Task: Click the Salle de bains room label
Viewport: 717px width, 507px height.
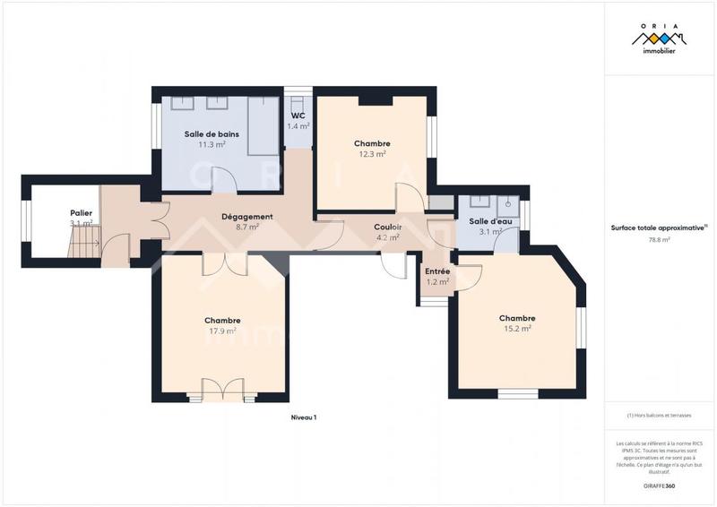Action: (212, 134)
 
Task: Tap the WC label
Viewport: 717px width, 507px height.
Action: (298, 116)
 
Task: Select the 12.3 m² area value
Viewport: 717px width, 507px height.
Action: (372, 154)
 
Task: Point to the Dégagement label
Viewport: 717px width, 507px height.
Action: (246, 217)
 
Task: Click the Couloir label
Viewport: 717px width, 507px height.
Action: (387, 228)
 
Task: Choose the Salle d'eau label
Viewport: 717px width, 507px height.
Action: (490, 221)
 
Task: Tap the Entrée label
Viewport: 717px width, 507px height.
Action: (437, 271)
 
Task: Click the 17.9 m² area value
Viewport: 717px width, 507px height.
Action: (222, 331)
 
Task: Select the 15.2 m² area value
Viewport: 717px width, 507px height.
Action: (517, 329)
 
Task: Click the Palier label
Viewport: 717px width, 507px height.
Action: (82, 212)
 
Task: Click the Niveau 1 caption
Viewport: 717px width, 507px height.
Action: (304, 417)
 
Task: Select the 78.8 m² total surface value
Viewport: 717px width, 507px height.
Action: (659, 240)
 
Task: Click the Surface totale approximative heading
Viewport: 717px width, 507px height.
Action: (659, 228)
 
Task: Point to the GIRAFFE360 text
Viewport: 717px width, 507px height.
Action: (659, 485)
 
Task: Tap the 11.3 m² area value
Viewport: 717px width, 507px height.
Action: (212, 144)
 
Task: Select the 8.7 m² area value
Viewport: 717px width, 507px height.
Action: (246, 228)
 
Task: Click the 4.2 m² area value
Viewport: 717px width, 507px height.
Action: (387, 237)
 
